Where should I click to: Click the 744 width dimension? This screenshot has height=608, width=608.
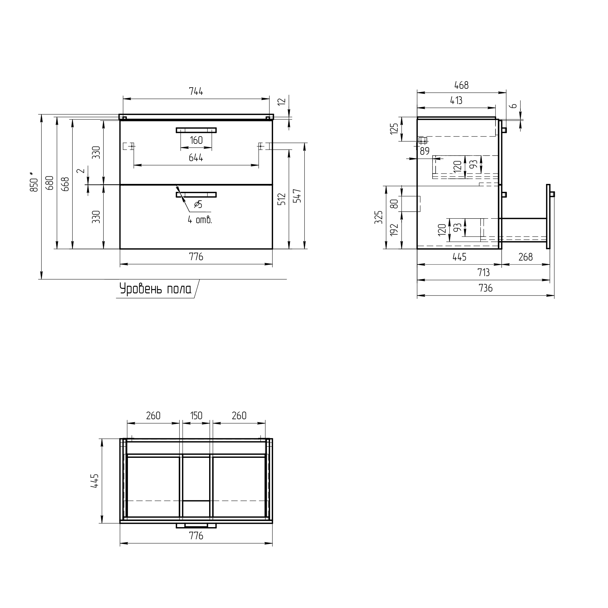click(196, 92)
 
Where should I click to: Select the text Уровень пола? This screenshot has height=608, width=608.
click(155, 288)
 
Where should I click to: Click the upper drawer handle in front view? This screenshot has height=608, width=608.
click(196, 130)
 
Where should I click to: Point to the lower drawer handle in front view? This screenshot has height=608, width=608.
click(196, 195)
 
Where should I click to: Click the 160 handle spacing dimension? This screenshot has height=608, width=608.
click(196, 140)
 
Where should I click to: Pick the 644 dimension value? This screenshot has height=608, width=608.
click(196, 158)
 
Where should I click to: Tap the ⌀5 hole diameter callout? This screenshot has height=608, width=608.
click(198, 205)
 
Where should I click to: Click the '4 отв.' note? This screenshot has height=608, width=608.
click(200, 220)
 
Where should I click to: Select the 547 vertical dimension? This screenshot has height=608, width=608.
click(298, 196)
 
